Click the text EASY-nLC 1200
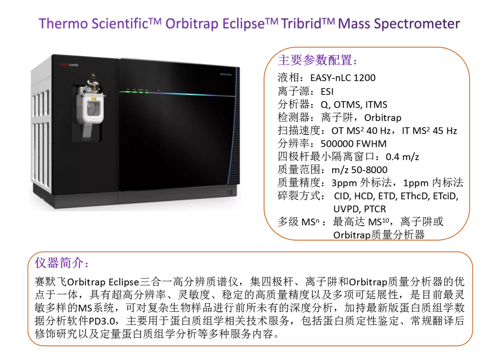(343, 78)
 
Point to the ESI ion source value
(327, 92)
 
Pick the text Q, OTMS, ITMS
(354, 105)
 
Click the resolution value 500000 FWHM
(353, 144)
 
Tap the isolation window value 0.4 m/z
(402, 157)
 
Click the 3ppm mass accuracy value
(344, 183)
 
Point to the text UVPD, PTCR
(360, 209)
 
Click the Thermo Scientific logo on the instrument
(69, 65)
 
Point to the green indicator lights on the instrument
(137, 90)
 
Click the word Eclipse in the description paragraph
(124, 282)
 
